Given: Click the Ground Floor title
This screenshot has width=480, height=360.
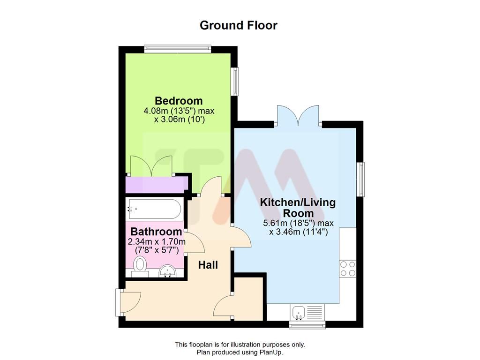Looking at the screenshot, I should [x=238, y=25].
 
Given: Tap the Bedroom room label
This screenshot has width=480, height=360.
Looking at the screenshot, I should [x=179, y=101].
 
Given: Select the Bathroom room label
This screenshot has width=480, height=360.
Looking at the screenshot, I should [x=156, y=232].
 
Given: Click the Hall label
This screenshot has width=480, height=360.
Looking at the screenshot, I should [x=208, y=265].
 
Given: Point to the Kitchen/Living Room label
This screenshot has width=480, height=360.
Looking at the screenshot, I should [x=298, y=208].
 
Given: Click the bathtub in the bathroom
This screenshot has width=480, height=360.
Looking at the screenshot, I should [x=154, y=209].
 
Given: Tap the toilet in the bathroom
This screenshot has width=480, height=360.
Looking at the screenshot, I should [x=139, y=266].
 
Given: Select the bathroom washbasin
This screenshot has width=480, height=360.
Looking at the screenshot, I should [x=167, y=271].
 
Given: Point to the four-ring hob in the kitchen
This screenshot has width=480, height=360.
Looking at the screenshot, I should [x=348, y=269].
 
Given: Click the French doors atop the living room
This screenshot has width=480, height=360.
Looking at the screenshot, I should [x=298, y=116].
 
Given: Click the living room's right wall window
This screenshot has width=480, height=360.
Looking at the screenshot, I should [x=360, y=179].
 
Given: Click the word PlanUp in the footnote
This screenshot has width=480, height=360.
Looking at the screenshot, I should [x=270, y=352].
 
